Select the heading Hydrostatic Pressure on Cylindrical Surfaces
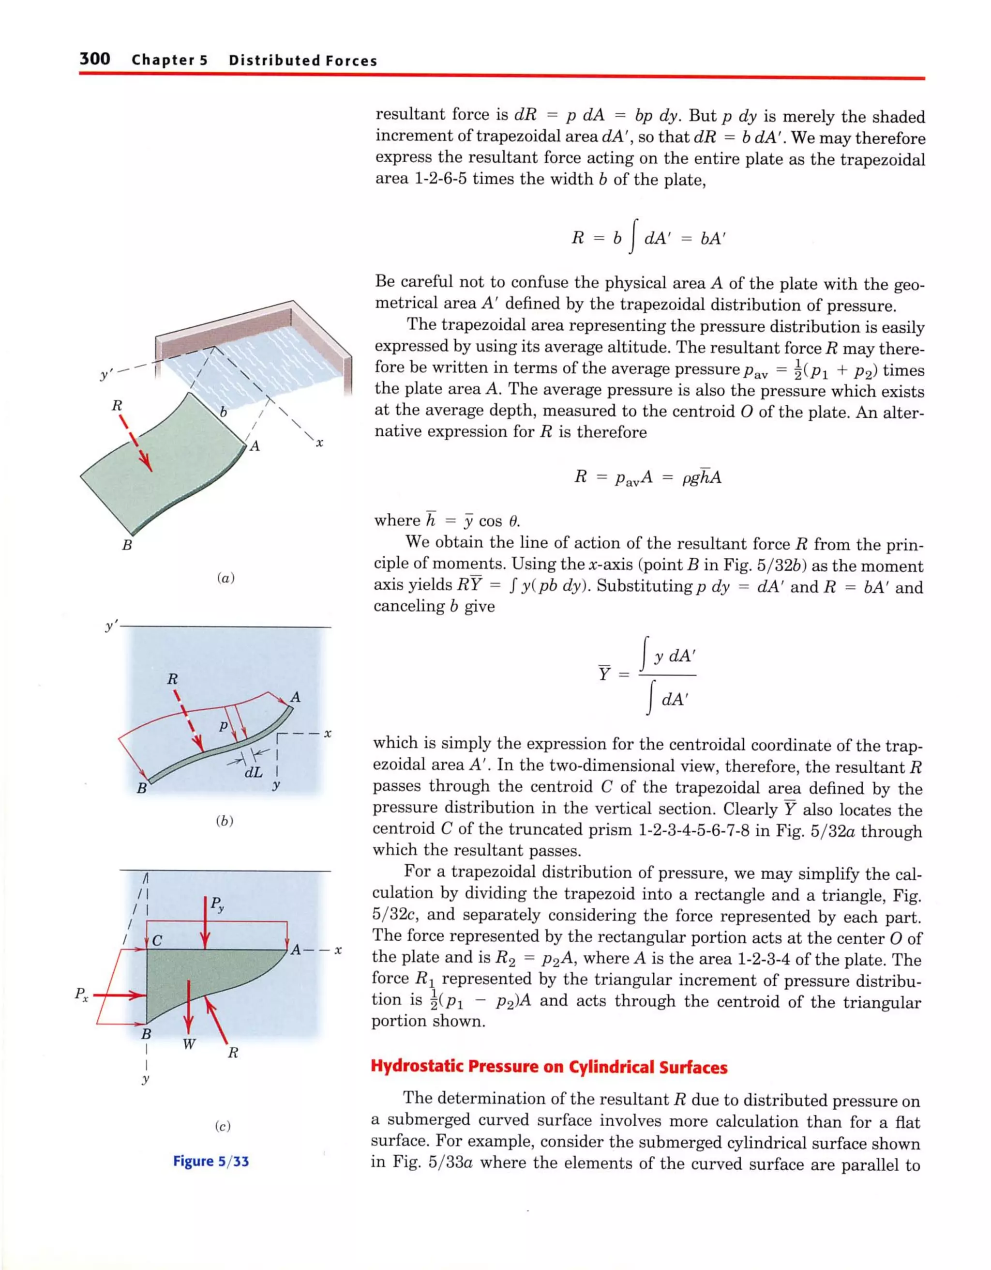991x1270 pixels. (549, 1067)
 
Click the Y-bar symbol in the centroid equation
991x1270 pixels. (604, 673)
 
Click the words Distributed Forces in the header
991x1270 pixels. (302, 61)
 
